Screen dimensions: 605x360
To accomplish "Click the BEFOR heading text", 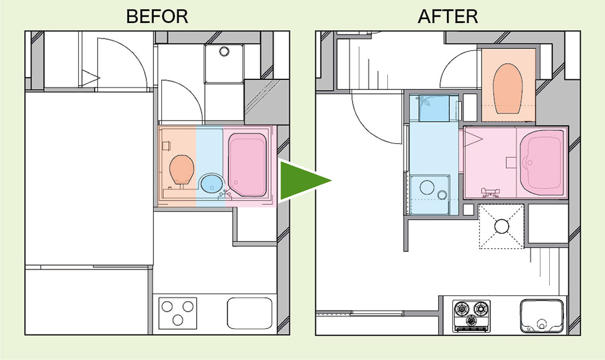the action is (x=157, y=16).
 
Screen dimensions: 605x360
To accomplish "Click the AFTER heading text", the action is (x=447, y=16).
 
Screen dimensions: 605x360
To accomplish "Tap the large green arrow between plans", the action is (x=305, y=180).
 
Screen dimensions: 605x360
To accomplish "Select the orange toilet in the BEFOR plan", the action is (x=182, y=170).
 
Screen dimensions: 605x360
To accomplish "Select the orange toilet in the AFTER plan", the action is (x=508, y=89).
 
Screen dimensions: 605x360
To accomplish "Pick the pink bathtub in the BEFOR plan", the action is (x=248, y=164).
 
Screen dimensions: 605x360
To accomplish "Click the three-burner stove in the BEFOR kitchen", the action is (x=178, y=313).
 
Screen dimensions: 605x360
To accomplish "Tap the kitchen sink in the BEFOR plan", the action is (x=249, y=313).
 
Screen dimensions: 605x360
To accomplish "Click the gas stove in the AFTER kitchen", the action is (x=472, y=316).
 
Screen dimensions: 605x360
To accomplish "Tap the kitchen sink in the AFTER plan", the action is (x=542, y=316).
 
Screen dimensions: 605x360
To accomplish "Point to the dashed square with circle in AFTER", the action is (x=501, y=227).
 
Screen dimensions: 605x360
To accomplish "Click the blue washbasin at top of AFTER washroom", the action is (x=434, y=109).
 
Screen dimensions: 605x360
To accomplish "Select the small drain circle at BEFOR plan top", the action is (x=224, y=51).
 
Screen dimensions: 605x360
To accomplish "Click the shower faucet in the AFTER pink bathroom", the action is (x=490, y=192).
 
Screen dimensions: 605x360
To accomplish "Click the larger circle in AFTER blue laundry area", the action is (x=427, y=187).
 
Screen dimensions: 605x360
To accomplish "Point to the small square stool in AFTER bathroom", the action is (x=511, y=163).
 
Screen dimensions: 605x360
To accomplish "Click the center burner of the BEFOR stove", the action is (x=178, y=320).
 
